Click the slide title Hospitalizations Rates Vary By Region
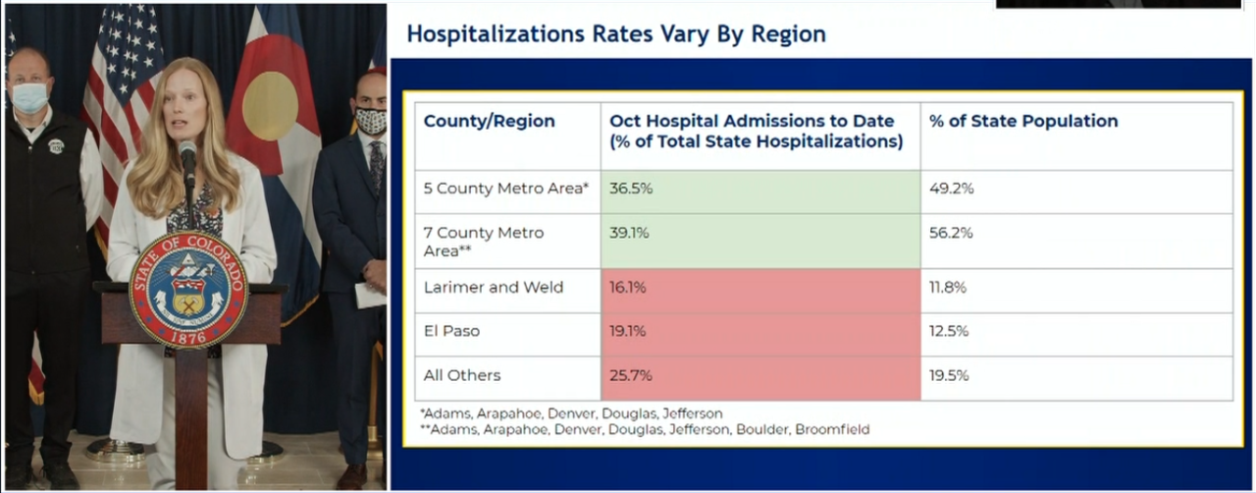[615, 34]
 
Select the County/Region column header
[489, 122]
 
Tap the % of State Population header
[1022, 122]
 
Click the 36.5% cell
[629, 189]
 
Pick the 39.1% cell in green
[629, 234]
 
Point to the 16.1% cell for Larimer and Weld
[627, 288]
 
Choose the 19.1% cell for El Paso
[627, 332]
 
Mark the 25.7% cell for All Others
[630, 376]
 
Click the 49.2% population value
[951, 189]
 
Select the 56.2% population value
[951, 234]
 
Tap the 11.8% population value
[948, 288]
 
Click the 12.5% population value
[949, 332]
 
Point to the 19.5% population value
[949, 376]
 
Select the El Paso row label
[451, 332]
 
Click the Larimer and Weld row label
[493, 288]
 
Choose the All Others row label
[461, 376]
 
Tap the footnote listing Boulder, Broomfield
[645, 429]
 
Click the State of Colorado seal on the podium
[187, 290]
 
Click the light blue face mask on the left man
[29, 97]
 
